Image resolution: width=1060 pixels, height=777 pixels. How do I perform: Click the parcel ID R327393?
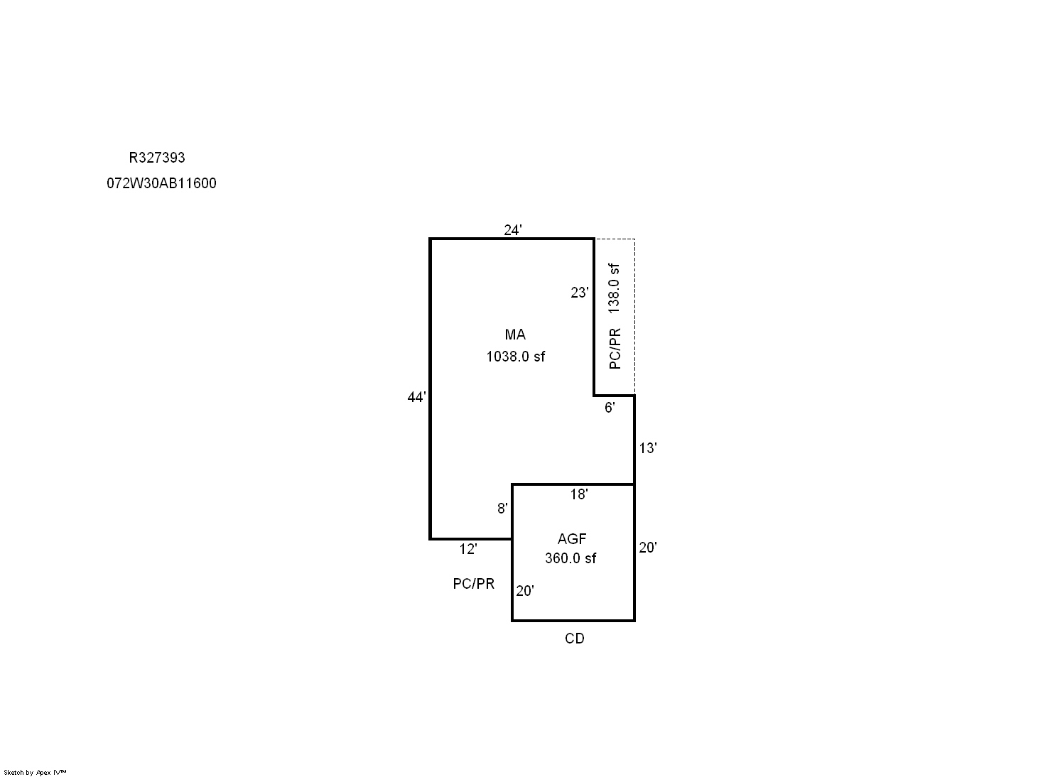click(x=156, y=158)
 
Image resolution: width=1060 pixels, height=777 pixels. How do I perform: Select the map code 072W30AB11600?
click(x=161, y=183)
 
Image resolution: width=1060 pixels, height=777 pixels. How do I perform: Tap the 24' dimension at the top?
click(x=513, y=230)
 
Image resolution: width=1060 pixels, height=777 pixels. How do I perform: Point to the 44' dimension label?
click(x=416, y=397)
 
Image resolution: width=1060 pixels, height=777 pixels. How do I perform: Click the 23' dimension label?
click(x=580, y=293)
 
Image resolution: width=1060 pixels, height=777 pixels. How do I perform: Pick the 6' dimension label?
click(x=610, y=408)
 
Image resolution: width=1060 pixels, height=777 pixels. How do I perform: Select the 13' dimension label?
click(x=648, y=448)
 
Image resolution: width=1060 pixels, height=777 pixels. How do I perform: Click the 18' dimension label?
click(x=579, y=494)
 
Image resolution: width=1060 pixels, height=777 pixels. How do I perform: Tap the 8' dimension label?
click(x=502, y=509)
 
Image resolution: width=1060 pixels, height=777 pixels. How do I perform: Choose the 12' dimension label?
click(x=468, y=549)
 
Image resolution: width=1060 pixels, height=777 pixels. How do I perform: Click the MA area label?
click(x=515, y=335)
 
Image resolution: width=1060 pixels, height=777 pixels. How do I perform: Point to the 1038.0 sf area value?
click(x=516, y=357)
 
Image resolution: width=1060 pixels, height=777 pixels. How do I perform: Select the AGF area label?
click(x=572, y=538)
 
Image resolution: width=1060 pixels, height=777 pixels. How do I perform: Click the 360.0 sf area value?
click(x=570, y=558)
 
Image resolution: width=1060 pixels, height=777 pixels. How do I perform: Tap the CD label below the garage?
click(x=575, y=639)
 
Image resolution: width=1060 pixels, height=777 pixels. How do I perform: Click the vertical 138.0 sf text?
click(x=614, y=288)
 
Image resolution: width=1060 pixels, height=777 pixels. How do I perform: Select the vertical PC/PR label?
click(x=615, y=349)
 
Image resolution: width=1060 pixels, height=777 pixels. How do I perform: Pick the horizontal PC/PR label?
click(x=474, y=583)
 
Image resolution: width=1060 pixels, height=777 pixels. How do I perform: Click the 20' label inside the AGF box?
click(x=525, y=590)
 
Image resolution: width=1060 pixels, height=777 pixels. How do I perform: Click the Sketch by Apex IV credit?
click(x=35, y=772)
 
